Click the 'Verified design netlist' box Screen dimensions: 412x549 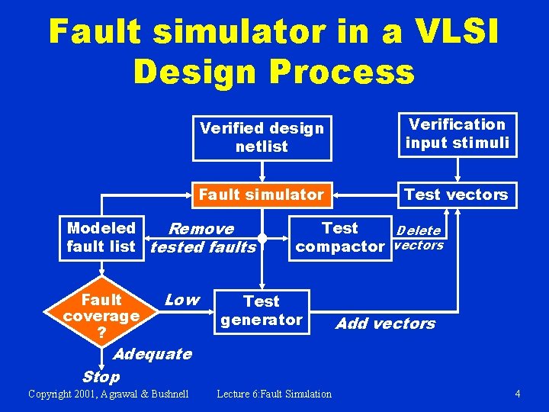point(262,137)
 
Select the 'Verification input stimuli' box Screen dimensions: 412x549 point(457,134)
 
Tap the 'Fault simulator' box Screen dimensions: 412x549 point(262,195)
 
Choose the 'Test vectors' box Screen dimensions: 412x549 point(456,195)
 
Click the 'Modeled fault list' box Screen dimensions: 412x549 point(101,237)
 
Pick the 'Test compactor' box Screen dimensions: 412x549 point(340,237)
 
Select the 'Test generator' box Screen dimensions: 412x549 point(262,311)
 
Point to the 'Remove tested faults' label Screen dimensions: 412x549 point(203,238)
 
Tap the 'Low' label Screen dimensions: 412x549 point(181,300)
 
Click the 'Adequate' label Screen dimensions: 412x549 point(152,354)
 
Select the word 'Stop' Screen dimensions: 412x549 point(101,376)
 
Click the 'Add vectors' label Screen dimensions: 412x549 point(386,323)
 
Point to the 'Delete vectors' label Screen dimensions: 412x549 point(418,237)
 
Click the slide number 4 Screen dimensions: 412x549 point(518,394)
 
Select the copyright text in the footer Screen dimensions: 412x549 point(108,394)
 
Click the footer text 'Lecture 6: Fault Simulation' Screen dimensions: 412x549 point(274,394)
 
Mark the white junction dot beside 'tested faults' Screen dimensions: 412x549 point(262,239)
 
